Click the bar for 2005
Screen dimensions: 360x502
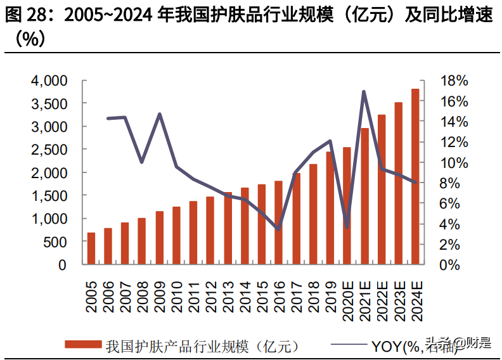point(91,248)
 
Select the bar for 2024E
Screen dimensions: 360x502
point(415,177)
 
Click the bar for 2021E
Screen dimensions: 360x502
point(364,196)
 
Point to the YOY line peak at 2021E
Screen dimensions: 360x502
point(364,91)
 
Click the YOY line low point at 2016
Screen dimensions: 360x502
point(278,229)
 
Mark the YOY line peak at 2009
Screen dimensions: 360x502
point(160,114)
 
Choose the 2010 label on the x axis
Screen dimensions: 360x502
point(177,293)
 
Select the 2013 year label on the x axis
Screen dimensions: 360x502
point(228,293)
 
